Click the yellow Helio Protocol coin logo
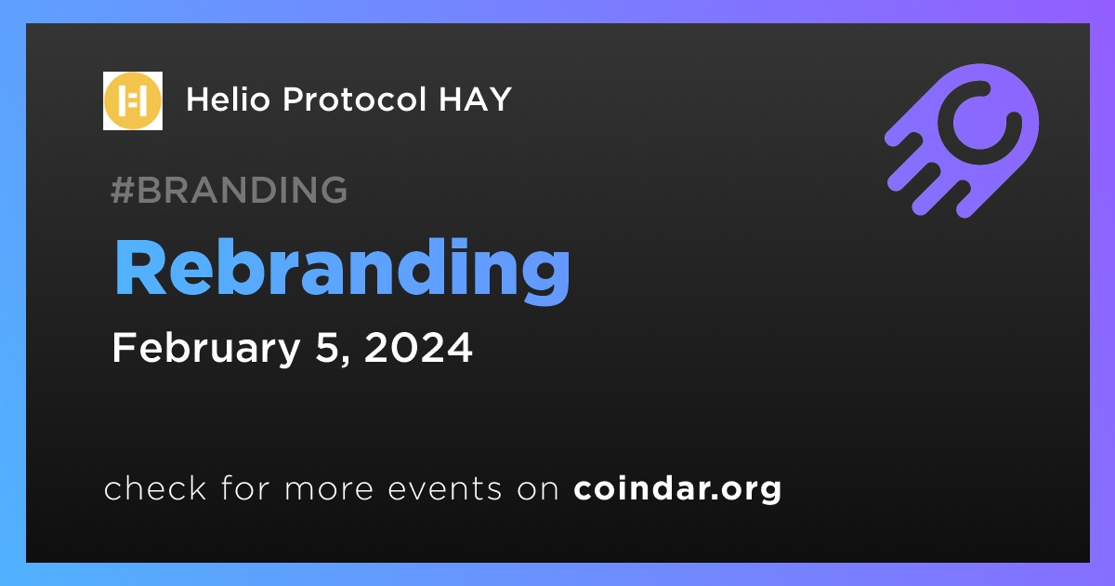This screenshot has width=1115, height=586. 132,100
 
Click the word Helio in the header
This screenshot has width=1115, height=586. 228,100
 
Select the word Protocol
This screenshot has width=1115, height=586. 354,100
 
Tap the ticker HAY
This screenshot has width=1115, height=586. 475,100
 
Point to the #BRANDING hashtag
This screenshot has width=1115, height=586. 229,190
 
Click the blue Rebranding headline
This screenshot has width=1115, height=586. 342,269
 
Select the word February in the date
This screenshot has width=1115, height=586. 206,348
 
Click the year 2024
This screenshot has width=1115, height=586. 418,347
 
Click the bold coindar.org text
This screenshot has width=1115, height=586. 677,489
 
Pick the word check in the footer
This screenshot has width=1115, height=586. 155,487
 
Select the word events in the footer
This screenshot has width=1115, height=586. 445,489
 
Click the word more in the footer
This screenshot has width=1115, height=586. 329,489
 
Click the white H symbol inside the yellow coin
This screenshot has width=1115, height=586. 132,100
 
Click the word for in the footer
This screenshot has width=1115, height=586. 245,487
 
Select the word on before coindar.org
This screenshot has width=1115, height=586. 538,489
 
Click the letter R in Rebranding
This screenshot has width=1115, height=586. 140,268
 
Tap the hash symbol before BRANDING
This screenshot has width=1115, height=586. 122,190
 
